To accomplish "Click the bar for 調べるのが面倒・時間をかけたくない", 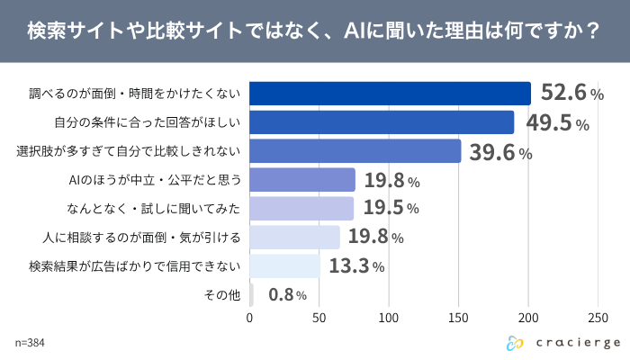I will tap(390, 94).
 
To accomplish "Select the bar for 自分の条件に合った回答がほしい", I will tap(382, 122).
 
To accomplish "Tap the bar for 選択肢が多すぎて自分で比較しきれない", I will tap(355, 151).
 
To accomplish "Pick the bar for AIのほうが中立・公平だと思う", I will tap(302, 180).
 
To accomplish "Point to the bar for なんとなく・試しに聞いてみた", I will tap(301, 209).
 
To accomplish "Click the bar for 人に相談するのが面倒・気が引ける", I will tap(294, 238).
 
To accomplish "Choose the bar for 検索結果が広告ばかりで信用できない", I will tap(284, 266).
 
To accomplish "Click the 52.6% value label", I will tap(571, 93).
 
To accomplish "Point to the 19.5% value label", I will tap(391, 208).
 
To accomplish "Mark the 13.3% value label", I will tap(355, 265).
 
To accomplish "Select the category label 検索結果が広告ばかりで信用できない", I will tap(135, 266).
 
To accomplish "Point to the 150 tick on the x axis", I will tap(459, 317).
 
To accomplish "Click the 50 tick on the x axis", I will tap(319, 317).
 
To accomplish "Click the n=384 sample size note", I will tap(30, 343).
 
